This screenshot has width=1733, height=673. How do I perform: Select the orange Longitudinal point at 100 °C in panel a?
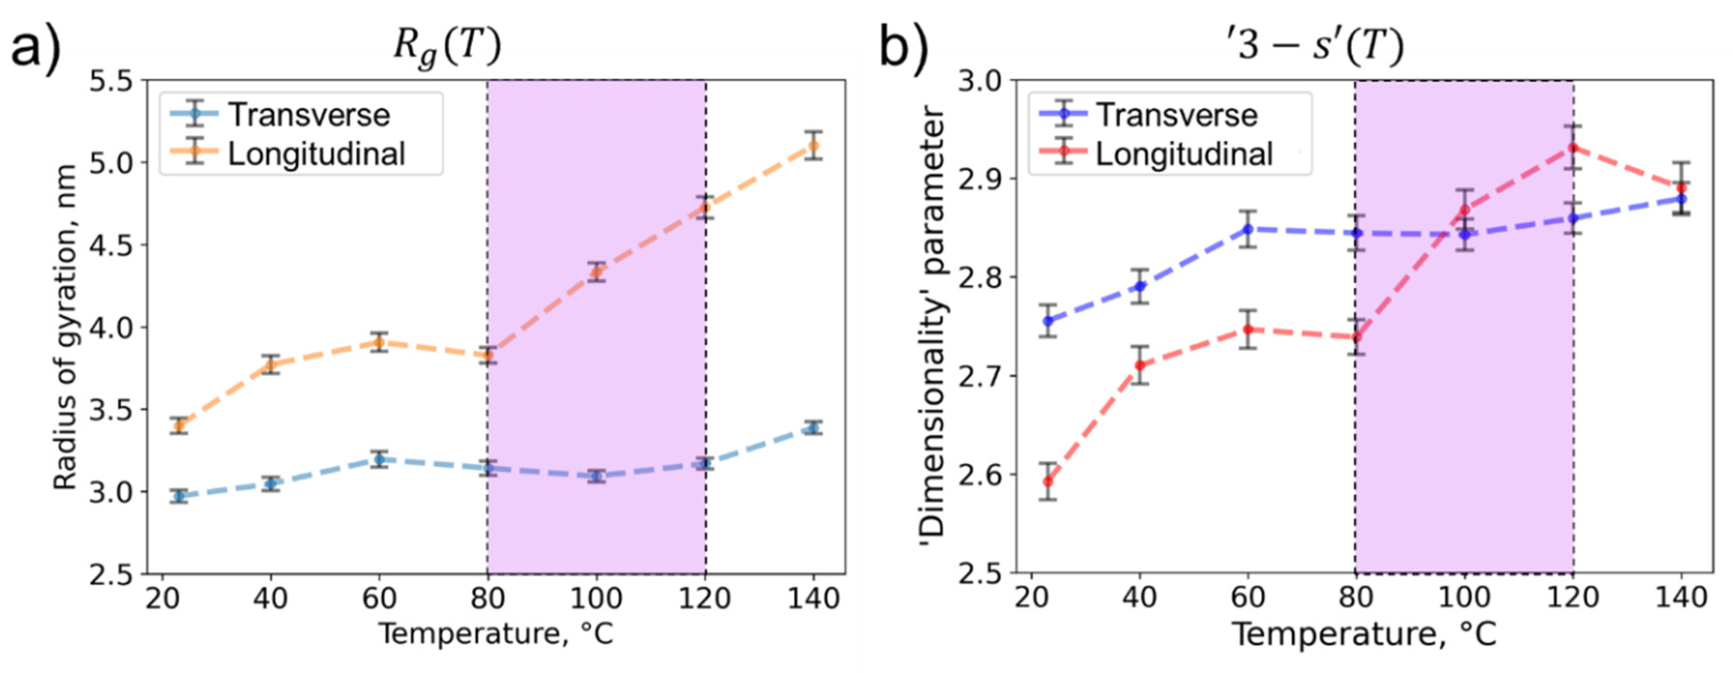tap(596, 272)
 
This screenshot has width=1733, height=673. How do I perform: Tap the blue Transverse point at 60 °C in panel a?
tap(379, 460)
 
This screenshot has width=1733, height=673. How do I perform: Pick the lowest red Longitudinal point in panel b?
tap(1047, 481)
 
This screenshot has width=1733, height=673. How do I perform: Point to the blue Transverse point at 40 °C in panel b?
tap(1140, 287)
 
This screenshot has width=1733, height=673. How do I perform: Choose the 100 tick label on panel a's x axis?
tap(596, 598)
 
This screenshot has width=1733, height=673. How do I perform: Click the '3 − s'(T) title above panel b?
tap(1315, 47)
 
